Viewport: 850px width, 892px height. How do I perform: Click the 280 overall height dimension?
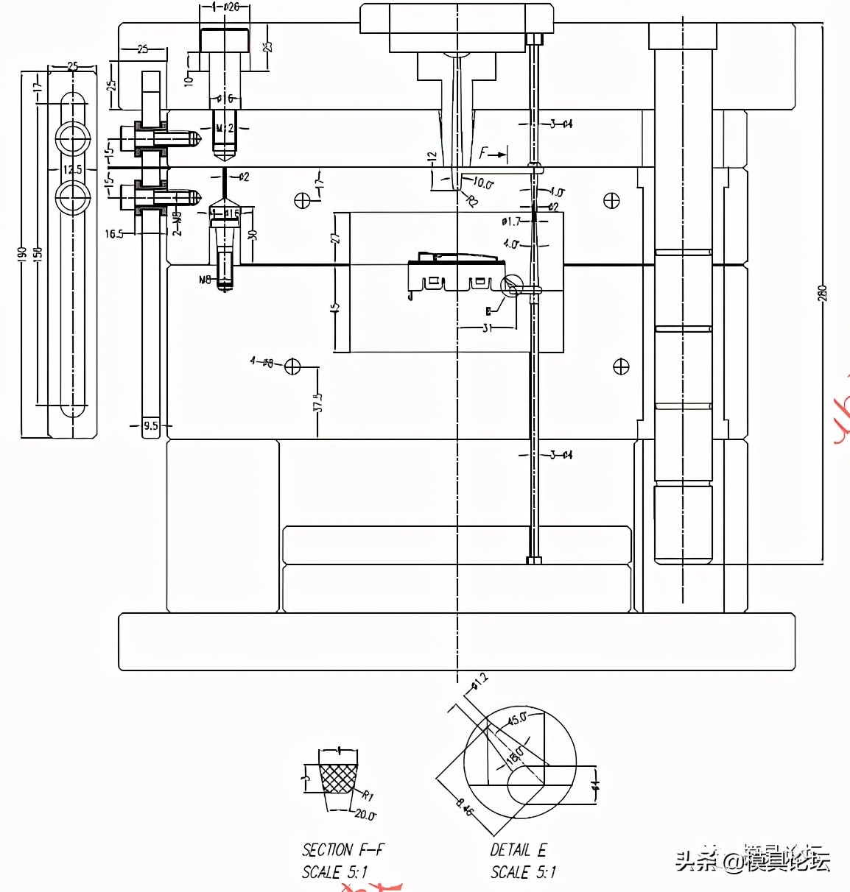823,293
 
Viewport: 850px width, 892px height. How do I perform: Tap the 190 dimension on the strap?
24,254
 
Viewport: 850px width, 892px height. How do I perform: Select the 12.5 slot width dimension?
72,170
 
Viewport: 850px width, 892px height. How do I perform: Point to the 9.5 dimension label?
150,425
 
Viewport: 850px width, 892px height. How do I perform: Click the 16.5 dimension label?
114,234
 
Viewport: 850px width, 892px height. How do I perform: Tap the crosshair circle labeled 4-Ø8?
293,365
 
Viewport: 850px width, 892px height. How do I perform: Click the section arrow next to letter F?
500,155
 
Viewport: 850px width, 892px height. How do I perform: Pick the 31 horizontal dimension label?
487,328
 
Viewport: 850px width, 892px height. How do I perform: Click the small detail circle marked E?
512,286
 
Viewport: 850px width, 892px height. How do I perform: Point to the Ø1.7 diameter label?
510,221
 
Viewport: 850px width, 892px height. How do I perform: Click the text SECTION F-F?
343,850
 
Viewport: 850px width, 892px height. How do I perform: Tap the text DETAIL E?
519,850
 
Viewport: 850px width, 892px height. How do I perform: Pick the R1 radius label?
368,795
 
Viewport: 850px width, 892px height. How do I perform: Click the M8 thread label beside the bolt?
206,279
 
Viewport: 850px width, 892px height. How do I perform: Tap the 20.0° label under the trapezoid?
364,815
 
